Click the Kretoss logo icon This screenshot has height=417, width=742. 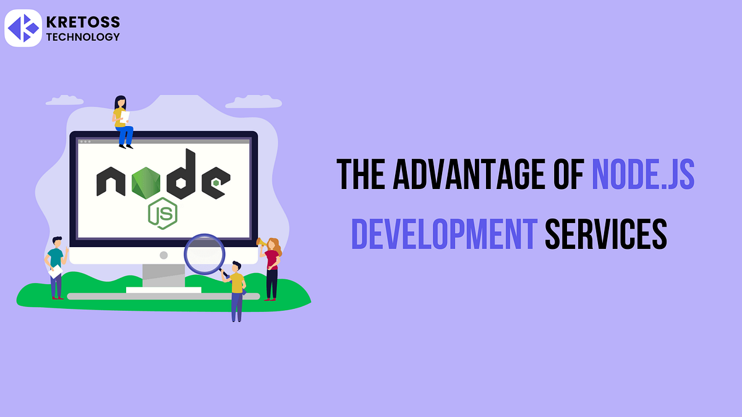point(23,28)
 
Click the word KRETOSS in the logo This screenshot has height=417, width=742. point(83,22)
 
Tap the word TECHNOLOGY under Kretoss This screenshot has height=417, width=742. point(83,37)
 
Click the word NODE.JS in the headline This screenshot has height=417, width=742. point(643,175)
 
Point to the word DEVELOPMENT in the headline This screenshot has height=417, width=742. point(443,235)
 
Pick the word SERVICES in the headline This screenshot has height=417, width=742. point(606,235)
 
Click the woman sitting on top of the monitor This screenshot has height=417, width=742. point(122,122)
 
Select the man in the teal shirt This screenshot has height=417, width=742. point(56,266)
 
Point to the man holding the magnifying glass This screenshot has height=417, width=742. point(236,290)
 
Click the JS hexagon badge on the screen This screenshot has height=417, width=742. point(162,214)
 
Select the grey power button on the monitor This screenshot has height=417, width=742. point(163,255)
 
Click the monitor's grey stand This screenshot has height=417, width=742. point(163,276)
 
